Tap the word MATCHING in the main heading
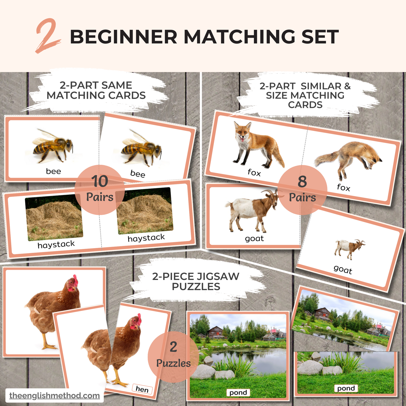[239, 37]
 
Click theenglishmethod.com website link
[55, 396]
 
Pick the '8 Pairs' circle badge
[302, 190]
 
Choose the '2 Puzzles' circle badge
[173, 357]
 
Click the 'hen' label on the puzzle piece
[142, 389]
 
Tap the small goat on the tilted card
[350, 249]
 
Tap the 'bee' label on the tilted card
[138, 174]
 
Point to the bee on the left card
[53, 146]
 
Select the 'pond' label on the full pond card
[238, 393]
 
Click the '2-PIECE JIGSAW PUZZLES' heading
[196, 281]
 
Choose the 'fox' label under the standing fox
[254, 173]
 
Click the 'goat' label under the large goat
[254, 239]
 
